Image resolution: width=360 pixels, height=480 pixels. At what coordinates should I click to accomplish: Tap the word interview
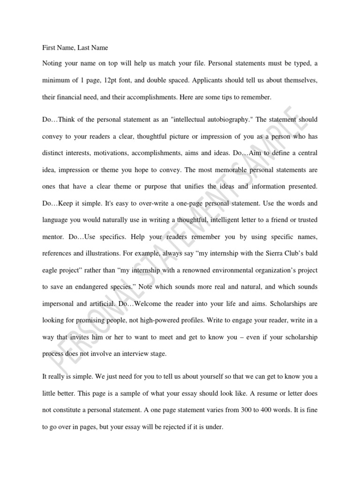(x=133, y=354)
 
